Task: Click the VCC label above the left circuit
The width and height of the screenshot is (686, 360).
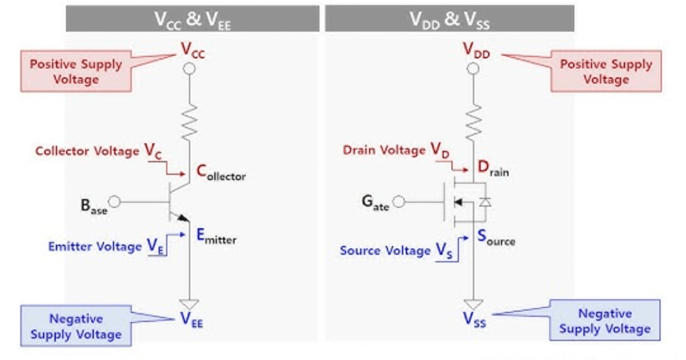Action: (193, 49)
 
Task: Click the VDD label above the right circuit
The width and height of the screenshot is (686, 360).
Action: (476, 50)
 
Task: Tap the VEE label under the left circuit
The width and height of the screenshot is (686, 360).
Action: (191, 320)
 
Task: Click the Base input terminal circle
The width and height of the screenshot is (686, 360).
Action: (115, 202)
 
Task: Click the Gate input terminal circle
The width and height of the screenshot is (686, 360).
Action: (399, 202)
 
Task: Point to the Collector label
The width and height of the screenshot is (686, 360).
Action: (220, 172)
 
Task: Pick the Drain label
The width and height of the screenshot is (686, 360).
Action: (493, 169)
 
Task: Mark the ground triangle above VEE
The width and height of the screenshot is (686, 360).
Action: (189, 304)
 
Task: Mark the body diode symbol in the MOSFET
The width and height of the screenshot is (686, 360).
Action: (485, 202)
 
